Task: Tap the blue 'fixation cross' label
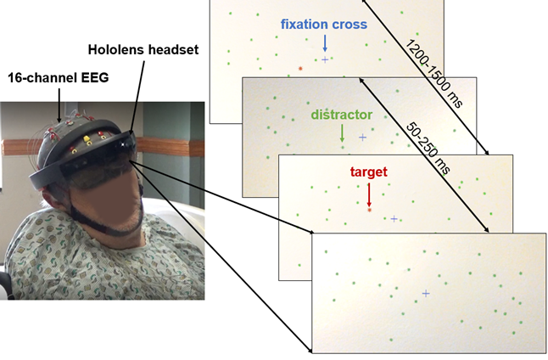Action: (324, 25)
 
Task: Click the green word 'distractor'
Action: (342, 114)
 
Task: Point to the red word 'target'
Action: (369, 172)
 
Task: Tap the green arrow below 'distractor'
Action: (342, 132)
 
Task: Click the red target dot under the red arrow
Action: (369, 209)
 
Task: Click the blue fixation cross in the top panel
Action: (325, 59)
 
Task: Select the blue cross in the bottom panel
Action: (425, 293)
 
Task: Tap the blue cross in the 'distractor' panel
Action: (363, 137)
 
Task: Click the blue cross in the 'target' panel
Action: (393, 218)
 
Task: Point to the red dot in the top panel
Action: (299, 68)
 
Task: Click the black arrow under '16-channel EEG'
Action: (59, 106)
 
